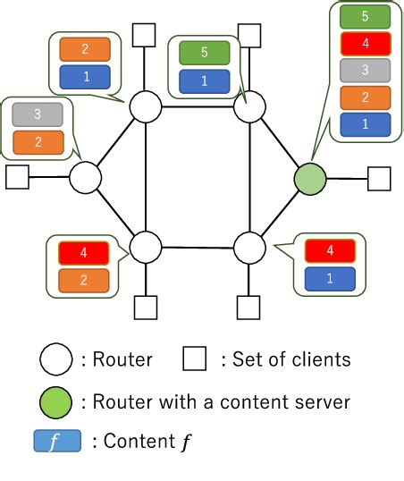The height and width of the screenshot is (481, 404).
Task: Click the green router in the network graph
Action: [x=308, y=177]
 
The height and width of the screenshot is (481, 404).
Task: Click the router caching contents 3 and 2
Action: [x=86, y=177]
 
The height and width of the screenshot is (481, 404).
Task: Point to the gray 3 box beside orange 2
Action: [x=38, y=114]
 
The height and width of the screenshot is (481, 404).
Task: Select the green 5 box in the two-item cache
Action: [x=204, y=53]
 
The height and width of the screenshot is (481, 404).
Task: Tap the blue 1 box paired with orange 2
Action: [x=85, y=77]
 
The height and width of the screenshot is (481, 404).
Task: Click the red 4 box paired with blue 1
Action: [x=330, y=252]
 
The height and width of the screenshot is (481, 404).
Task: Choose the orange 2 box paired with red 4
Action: [x=83, y=281]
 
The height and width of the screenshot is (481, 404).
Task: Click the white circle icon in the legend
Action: [x=55, y=359]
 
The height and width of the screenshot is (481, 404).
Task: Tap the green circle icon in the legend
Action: [x=55, y=401]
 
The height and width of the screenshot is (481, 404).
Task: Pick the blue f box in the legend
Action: [x=55, y=442]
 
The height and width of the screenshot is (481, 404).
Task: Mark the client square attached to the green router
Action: [x=379, y=178]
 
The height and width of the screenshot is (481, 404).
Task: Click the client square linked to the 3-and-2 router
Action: [x=17, y=177]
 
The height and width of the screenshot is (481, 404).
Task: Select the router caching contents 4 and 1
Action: [x=249, y=246]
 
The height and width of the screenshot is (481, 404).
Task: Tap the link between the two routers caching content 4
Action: [x=198, y=246]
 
